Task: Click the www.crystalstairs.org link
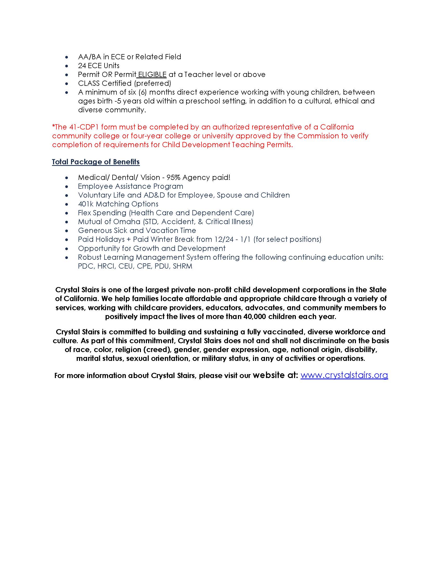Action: [x=344, y=375]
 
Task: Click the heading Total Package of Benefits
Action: [x=96, y=162]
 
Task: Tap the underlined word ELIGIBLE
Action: [x=152, y=75]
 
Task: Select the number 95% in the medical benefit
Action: [x=173, y=178]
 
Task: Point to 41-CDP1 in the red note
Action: [x=84, y=127]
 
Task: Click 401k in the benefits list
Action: [x=86, y=204]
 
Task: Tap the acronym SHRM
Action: [x=183, y=266]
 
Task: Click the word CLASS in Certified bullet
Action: [x=89, y=83]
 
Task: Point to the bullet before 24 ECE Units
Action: [x=67, y=66]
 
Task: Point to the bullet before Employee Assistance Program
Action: [x=67, y=186]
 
